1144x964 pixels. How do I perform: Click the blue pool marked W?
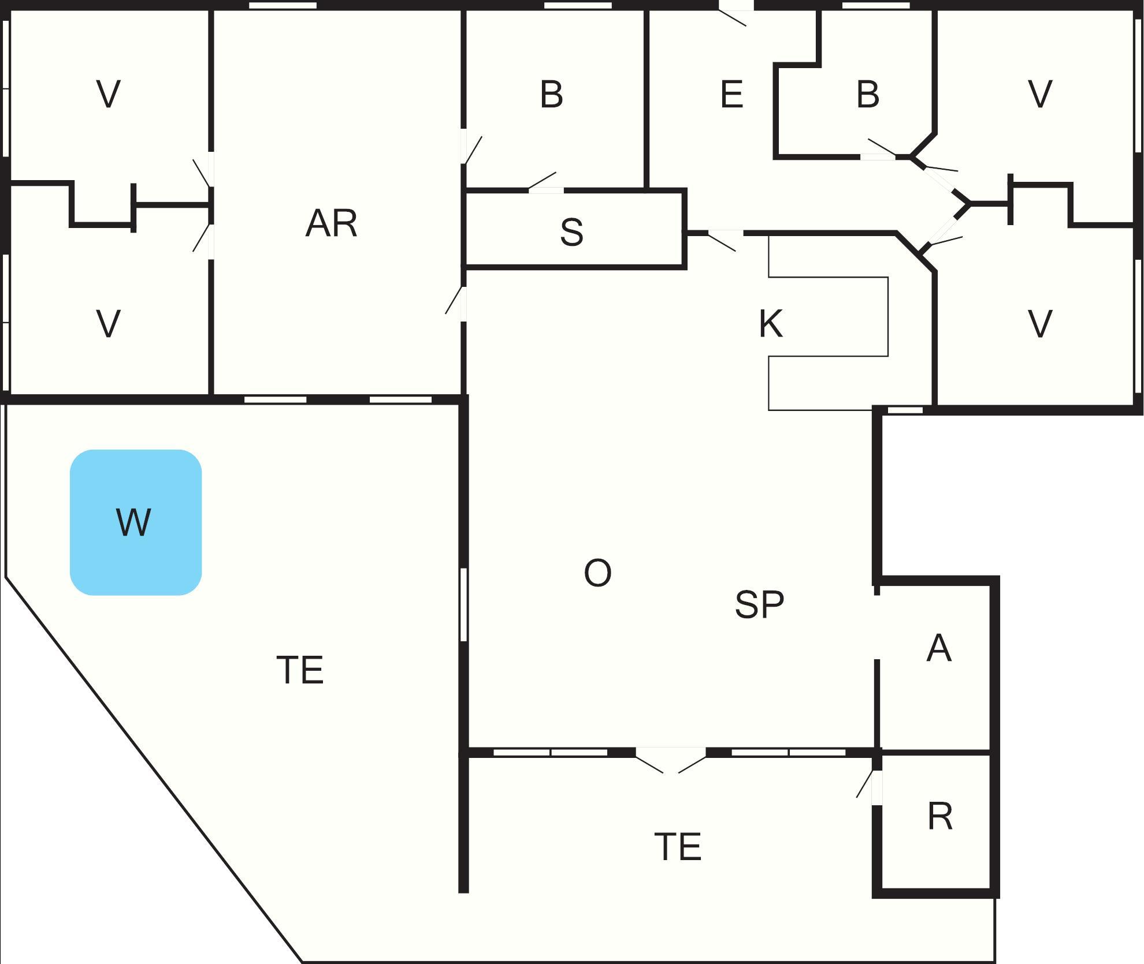click(x=136, y=522)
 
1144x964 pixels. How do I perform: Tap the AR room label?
click(x=331, y=224)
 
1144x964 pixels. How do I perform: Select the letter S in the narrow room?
click(x=571, y=232)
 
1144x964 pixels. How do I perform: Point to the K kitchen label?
click(x=771, y=324)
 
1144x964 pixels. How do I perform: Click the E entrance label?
click(x=731, y=95)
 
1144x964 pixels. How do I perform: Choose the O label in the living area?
click(x=597, y=573)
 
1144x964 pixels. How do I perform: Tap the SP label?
click(x=759, y=604)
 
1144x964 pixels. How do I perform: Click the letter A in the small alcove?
click(x=938, y=648)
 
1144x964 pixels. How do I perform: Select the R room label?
click(x=940, y=817)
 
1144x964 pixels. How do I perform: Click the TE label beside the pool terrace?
click(x=300, y=670)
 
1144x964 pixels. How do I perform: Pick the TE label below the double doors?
click(x=678, y=847)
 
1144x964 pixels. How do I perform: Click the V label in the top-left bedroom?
click(x=109, y=94)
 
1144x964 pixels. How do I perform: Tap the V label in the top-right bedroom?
click(x=1040, y=94)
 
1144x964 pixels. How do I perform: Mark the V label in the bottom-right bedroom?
click(x=1040, y=324)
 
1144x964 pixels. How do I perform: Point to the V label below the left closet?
click(x=109, y=324)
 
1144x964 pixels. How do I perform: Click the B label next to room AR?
click(x=551, y=95)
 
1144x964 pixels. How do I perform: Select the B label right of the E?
click(x=868, y=95)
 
